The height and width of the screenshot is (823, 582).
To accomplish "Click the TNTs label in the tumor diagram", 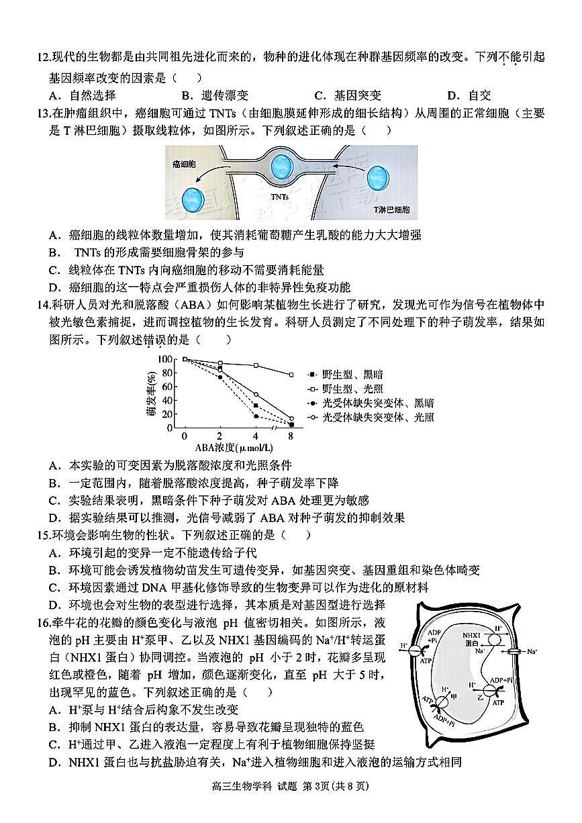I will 280,197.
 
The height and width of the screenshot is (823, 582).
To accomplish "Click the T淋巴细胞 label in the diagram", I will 391,209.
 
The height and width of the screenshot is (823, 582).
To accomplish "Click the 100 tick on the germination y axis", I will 165,359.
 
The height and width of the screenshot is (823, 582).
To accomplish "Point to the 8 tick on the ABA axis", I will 290,436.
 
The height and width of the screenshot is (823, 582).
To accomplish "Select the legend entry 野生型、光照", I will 349,389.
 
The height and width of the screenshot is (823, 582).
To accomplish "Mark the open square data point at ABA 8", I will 291,375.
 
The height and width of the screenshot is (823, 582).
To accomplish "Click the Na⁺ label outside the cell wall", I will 532,651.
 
